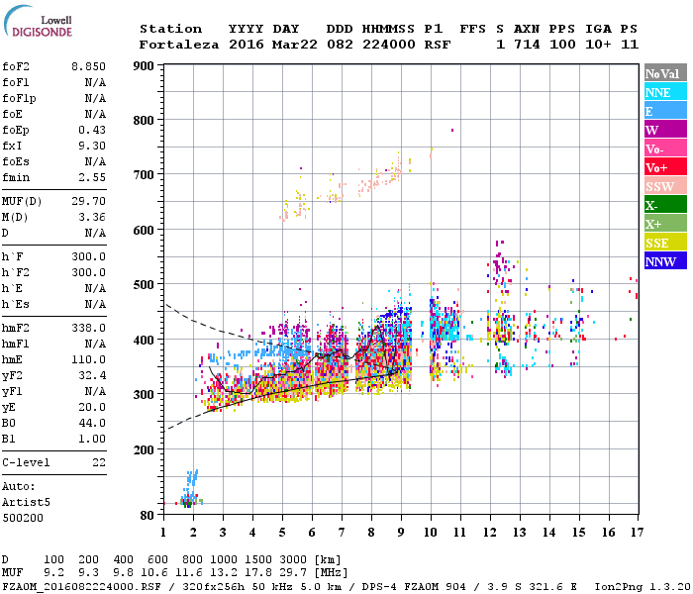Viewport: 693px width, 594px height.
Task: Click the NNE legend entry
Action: click(662, 92)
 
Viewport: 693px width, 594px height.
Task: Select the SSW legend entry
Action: click(662, 186)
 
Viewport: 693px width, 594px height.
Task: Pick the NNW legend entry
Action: click(662, 261)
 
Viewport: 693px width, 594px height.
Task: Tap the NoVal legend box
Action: click(662, 73)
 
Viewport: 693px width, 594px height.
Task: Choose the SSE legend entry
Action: click(662, 243)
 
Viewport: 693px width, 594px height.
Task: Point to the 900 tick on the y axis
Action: click(144, 66)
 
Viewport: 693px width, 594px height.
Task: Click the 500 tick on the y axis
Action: click(144, 285)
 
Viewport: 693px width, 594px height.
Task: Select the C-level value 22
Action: click(99, 462)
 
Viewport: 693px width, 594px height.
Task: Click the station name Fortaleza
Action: click(179, 45)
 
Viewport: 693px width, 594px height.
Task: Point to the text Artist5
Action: click(24, 502)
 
